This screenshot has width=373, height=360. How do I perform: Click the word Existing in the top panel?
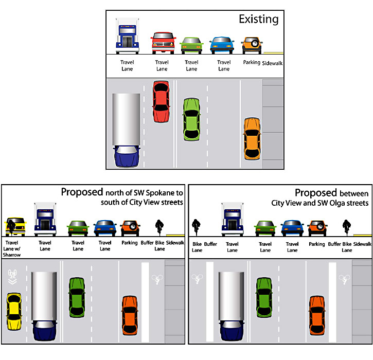[x=259, y=20]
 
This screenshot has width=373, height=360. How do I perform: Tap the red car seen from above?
[x=161, y=102]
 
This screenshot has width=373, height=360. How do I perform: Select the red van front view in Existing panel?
[x=163, y=43]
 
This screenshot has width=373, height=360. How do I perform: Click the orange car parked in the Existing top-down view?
[x=252, y=139]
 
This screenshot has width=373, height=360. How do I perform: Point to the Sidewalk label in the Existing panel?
[x=272, y=63]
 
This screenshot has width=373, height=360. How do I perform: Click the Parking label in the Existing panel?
[x=252, y=62]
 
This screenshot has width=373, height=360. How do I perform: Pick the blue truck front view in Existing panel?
[x=127, y=35]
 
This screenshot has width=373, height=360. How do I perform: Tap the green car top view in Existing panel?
[x=191, y=119]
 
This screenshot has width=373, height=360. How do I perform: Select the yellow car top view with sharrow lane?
[x=14, y=312]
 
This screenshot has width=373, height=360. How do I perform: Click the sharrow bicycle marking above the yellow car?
[x=12, y=277]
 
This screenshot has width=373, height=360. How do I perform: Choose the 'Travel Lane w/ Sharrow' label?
[x=12, y=249]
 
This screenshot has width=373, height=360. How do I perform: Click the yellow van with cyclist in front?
[x=15, y=227]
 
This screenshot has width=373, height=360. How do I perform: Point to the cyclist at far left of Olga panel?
[x=196, y=227]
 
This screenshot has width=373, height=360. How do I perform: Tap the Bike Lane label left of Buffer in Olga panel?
[x=197, y=247]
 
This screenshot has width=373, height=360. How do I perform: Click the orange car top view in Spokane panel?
[x=130, y=315]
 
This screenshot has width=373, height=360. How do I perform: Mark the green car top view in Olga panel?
[x=264, y=297]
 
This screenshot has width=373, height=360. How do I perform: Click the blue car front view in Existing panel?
[x=222, y=45]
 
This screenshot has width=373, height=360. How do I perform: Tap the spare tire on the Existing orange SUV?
[x=255, y=43]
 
